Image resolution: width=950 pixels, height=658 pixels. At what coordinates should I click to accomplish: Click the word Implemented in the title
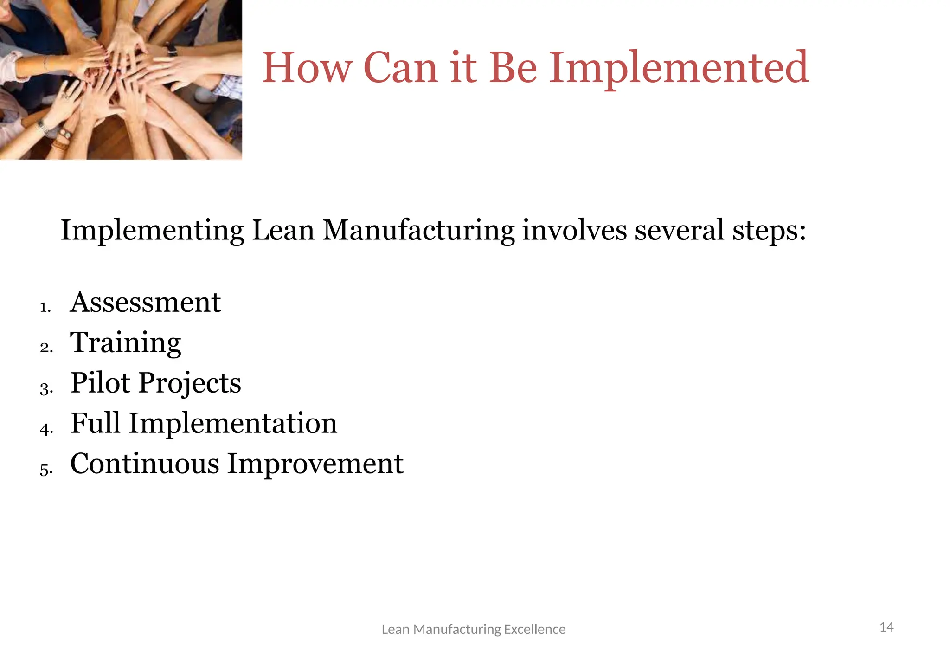click(679, 69)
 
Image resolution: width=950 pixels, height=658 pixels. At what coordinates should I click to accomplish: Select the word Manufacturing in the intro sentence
click(418, 230)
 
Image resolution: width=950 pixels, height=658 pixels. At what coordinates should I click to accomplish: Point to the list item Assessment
click(145, 303)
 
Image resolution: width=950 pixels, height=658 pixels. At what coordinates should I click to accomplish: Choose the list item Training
click(125, 343)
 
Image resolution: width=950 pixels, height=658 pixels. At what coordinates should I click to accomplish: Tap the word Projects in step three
click(190, 384)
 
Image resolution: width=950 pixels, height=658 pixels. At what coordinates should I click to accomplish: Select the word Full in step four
click(96, 423)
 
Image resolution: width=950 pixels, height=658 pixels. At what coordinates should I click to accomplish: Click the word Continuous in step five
click(144, 464)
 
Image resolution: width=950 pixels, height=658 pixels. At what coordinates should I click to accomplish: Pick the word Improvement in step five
click(315, 464)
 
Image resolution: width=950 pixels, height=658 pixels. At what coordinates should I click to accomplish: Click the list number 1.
click(45, 307)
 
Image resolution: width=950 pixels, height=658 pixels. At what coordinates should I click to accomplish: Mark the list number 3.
click(46, 388)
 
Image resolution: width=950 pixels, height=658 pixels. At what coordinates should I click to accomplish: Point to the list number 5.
click(46, 469)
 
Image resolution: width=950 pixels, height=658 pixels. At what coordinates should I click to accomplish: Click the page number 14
click(886, 627)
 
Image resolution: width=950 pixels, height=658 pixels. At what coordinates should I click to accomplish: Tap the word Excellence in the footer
click(534, 629)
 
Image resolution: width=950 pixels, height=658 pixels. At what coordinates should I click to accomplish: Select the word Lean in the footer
click(395, 629)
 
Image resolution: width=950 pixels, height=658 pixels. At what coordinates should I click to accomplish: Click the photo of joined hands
click(121, 79)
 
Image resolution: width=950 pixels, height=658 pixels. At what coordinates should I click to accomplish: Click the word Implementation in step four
click(233, 423)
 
